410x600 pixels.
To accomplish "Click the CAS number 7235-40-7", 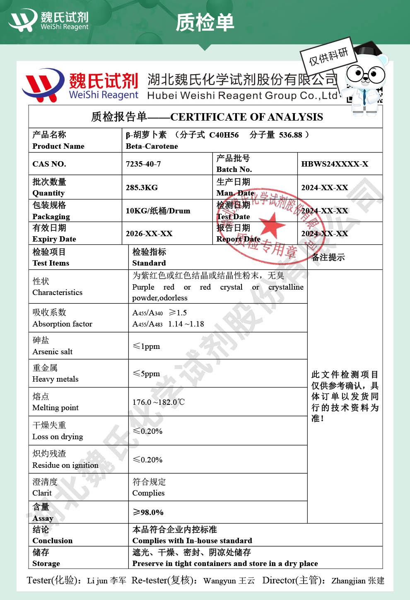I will [x=143, y=164].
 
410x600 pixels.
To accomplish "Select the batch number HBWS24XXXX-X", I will [x=334, y=164].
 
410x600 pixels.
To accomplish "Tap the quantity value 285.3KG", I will [x=142, y=188].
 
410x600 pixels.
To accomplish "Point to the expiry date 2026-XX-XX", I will [x=149, y=234].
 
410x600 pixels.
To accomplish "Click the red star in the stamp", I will [x=272, y=226].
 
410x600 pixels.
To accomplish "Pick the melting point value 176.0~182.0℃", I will [x=158, y=402].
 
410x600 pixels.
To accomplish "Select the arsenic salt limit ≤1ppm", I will [x=146, y=346].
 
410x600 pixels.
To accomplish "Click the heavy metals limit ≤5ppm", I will [x=146, y=374].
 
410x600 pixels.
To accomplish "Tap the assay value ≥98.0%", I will [x=148, y=513].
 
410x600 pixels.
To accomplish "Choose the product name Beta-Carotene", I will [x=152, y=146].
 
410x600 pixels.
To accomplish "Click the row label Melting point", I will [x=55, y=408].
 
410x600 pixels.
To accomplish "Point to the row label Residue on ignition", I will [x=65, y=465].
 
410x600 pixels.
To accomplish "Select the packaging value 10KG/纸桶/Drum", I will [x=158, y=211].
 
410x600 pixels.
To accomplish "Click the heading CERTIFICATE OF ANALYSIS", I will [x=246, y=117].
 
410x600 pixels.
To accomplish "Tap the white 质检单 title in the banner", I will [x=205, y=22].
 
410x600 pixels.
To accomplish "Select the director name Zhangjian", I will [x=349, y=581].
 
